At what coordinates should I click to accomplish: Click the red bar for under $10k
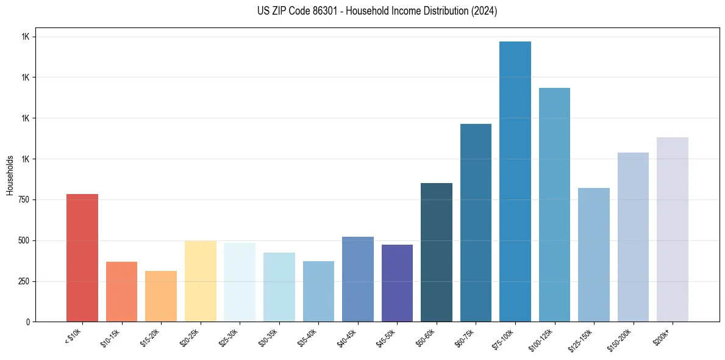pyautogui.click(x=82, y=257)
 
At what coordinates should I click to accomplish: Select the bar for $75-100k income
pyautogui.click(x=515, y=181)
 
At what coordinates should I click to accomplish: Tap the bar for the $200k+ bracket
pyautogui.click(x=673, y=229)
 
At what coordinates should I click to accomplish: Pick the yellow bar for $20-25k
pyautogui.click(x=201, y=281)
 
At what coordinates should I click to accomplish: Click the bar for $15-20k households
pyautogui.click(x=161, y=296)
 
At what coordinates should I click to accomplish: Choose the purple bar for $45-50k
pyautogui.click(x=397, y=283)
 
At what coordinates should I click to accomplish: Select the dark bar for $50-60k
pyautogui.click(x=437, y=252)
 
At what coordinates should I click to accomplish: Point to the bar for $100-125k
pyautogui.click(x=554, y=204)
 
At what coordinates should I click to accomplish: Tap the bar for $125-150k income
pyautogui.click(x=594, y=254)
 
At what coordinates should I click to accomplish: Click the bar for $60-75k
pyautogui.click(x=476, y=223)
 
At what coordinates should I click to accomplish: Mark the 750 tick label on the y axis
pyautogui.click(x=23, y=200)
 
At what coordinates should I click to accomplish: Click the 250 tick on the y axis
pyautogui.click(x=23, y=281)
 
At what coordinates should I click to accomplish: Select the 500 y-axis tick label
pyautogui.click(x=23, y=240)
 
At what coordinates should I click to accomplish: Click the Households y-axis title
pyautogui.click(x=10, y=175)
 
